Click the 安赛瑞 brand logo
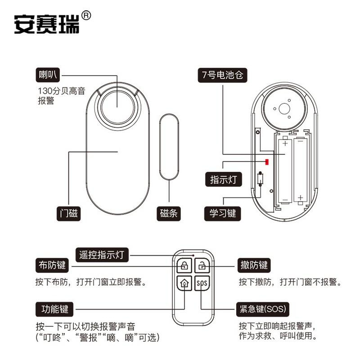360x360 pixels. click(47, 24)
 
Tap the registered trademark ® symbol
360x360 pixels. click(86, 15)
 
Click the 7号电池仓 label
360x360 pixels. click(223, 75)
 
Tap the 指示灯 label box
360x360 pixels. click(223, 179)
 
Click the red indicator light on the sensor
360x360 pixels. click(267, 162)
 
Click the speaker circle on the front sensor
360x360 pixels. click(117, 107)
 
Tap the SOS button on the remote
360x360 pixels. click(202, 284)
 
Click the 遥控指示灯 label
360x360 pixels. click(102, 255)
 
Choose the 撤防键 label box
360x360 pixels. click(254, 265)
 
